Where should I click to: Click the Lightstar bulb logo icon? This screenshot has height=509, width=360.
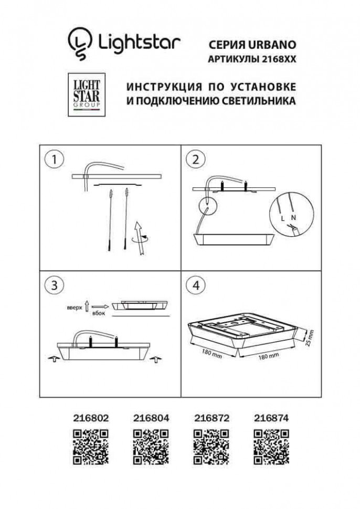80,43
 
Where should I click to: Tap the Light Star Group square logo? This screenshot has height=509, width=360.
81,94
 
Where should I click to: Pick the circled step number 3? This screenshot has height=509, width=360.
53,285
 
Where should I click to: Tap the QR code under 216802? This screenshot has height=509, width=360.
90,447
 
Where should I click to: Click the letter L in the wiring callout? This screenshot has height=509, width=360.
283,216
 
